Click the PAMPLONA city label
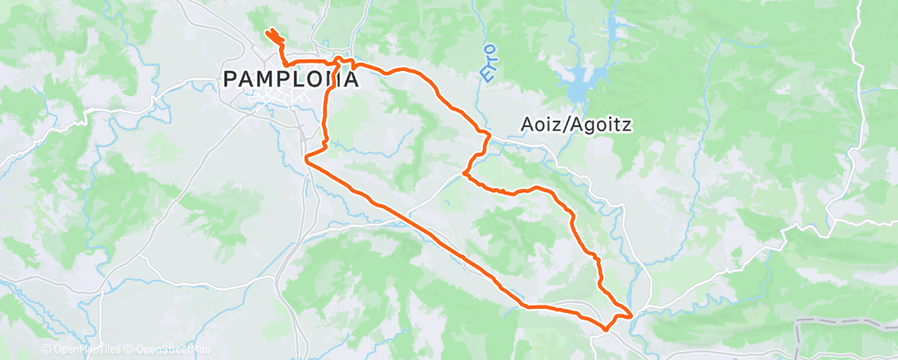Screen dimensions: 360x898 tap(291, 80)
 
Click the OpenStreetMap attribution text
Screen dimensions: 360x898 tap(168, 350)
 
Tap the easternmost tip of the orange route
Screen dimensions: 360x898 tap(632, 315)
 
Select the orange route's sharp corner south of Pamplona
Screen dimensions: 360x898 tap(307, 156)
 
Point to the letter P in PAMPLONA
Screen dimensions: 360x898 tap(232, 80)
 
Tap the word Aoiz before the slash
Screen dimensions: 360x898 tap(541, 123)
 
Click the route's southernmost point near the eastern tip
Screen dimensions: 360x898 tap(607, 329)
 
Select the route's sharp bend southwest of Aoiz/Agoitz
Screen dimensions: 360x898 tap(466, 174)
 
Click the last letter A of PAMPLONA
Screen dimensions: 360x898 tap(350, 80)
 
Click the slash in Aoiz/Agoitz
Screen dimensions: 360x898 tap(565, 123)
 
